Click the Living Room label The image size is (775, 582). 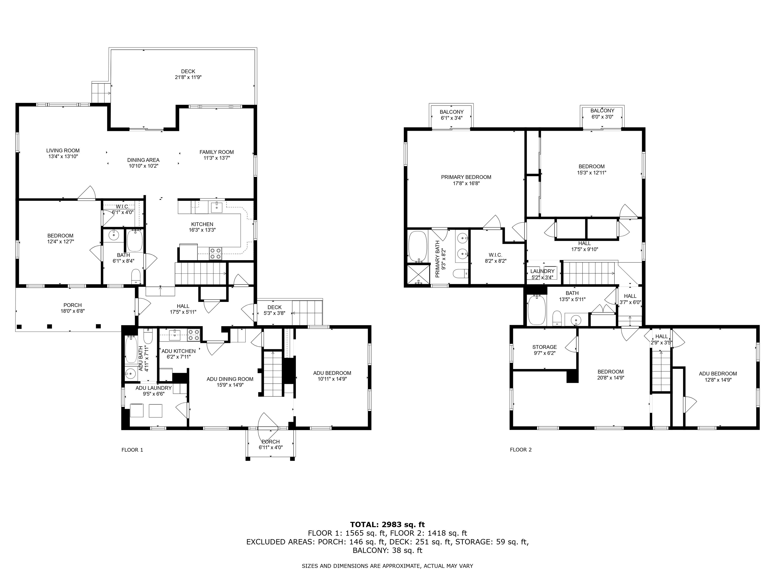click(x=63, y=151)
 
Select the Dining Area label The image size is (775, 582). click(x=143, y=160)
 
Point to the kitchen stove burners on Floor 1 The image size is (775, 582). click(x=215, y=254)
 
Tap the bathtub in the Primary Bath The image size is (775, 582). click(x=418, y=246)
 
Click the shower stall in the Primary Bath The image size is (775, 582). click(x=418, y=274)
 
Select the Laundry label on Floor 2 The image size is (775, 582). click(x=542, y=271)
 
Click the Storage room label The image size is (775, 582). click(x=544, y=347)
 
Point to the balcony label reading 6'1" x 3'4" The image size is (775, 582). click(x=452, y=118)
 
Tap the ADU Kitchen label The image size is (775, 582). click(x=178, y=351)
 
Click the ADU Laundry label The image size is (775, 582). click(x=153, y=388)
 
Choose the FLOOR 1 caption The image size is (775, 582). click(x=132, y=450)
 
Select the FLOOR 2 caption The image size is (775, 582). click(x=521, y=450)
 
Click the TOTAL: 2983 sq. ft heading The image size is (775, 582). click(x=387, y=524)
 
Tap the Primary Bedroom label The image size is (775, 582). click(x=466, y=177)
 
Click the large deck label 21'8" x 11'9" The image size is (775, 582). click(x=188, y=77)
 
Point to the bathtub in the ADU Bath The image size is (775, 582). click(x=131, y=349)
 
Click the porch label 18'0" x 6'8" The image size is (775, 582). click(x=72, y=311)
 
